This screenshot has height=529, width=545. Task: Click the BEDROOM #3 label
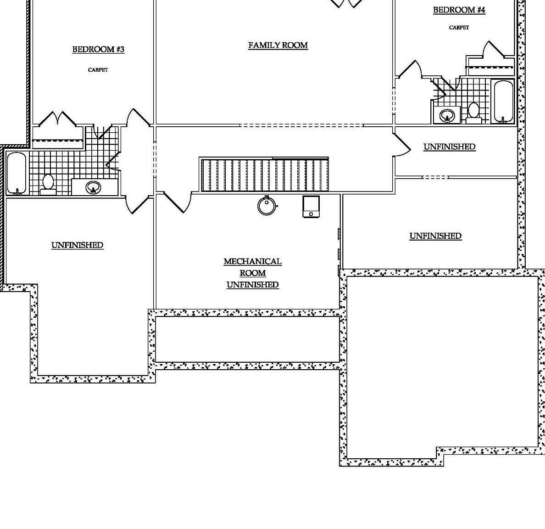[x=98, y=50]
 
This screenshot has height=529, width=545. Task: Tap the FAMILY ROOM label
[x=278, y=45]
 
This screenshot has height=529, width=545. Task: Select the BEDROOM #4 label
[x=459, y=10]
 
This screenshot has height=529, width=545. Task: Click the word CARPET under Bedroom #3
[x=98, y=70]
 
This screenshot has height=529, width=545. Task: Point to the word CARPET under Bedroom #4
[x=459, y=28]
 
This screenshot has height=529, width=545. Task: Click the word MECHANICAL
[x=252, y=261]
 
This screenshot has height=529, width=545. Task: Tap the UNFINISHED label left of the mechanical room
[x=77, y=245]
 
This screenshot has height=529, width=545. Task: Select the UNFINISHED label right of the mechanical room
[x=435, y=236]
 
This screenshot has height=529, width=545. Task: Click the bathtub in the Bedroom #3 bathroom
[x=17, y=173]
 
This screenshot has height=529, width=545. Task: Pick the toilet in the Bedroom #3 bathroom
[x=48, y=183]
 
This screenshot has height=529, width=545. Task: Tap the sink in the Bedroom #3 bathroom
[x=94, y=187]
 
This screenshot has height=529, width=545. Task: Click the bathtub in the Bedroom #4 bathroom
[x=503, y=101]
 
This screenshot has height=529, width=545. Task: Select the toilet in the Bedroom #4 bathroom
[x=473, y=112]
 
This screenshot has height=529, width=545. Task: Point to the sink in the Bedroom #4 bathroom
[x=447, y=114]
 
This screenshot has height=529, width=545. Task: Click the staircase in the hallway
[x=264, y=174]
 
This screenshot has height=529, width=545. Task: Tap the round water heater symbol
[x=267, y=206]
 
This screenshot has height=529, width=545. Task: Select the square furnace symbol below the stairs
[x=311, y=207]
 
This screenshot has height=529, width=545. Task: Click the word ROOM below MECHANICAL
[x=252, y=273]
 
